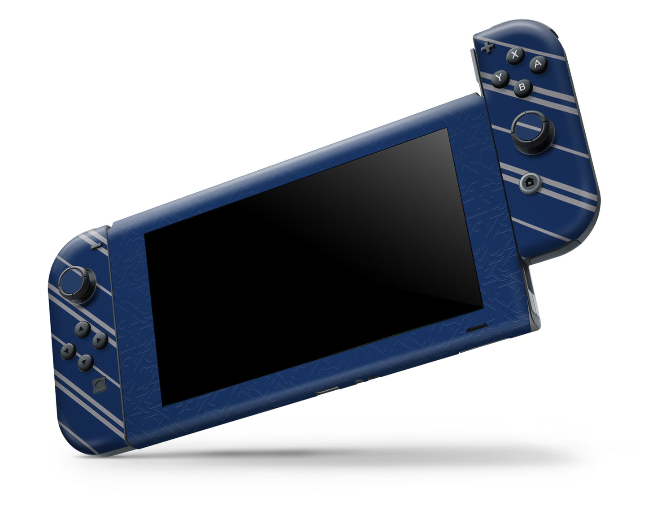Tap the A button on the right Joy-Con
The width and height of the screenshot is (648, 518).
pyautogui.click(x=538, y=64)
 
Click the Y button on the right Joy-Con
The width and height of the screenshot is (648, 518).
pyautogui.click(x=500, y=78)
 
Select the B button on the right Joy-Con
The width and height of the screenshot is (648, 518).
pyautogui.click(x=522, y=87)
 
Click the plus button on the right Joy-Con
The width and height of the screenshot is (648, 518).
pyautogui.click(x=486, y=47)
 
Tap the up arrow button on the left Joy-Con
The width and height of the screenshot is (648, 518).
pyautogui.click(x=82, y=329)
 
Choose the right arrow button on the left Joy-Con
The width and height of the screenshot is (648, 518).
pyautogui.click(x=100, y=341)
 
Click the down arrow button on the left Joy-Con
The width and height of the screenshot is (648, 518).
pyautogui.click(x=85, y=362)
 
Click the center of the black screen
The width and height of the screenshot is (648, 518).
pyautogui.click(x=313, y=267)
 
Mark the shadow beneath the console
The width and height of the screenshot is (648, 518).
pyautogui.click(x=341, y=453)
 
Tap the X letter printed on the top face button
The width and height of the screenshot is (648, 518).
pyautogui.click(x=515, y=55)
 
